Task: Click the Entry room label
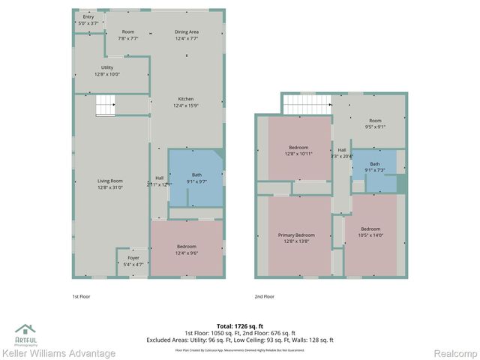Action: pos(88,20)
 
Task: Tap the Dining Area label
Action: pos(187,35)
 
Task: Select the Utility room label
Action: pos(107,71)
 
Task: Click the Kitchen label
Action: pos(187,103)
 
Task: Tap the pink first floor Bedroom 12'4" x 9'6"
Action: pos(187,250)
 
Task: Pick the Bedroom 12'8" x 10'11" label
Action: pos(298,151)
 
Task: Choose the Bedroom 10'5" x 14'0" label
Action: pos(371,232)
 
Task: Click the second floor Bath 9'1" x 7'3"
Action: pos(374,166)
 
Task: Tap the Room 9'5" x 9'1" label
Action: pos(375,124)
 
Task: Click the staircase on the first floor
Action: pos(105,106)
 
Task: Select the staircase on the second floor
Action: pos(306,103)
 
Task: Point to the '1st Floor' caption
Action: pos(82,297)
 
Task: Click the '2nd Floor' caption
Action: pos(264,297)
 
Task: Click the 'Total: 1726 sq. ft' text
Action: pos(240,326)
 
